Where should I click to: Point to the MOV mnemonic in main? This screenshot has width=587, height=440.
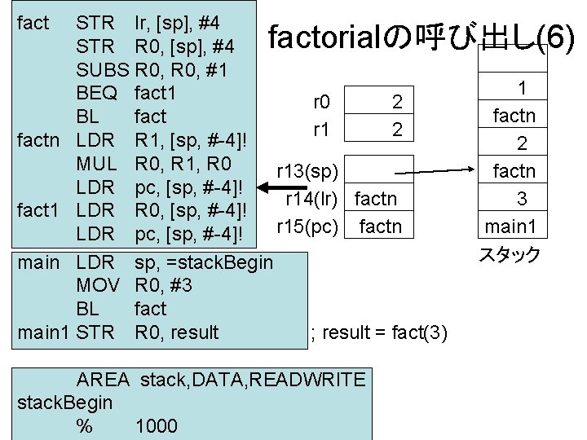(99, 285)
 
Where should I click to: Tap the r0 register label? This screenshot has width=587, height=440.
(321, 102)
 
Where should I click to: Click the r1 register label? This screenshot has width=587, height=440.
(320, 128)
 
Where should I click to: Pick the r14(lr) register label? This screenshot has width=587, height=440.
(312, 198)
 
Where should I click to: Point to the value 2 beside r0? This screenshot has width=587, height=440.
(397, 102)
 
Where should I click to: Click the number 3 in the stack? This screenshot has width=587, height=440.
(521, 198)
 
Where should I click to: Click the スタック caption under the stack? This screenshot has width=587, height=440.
(510, 255)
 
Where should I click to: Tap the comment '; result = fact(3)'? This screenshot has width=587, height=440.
(378, 332)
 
